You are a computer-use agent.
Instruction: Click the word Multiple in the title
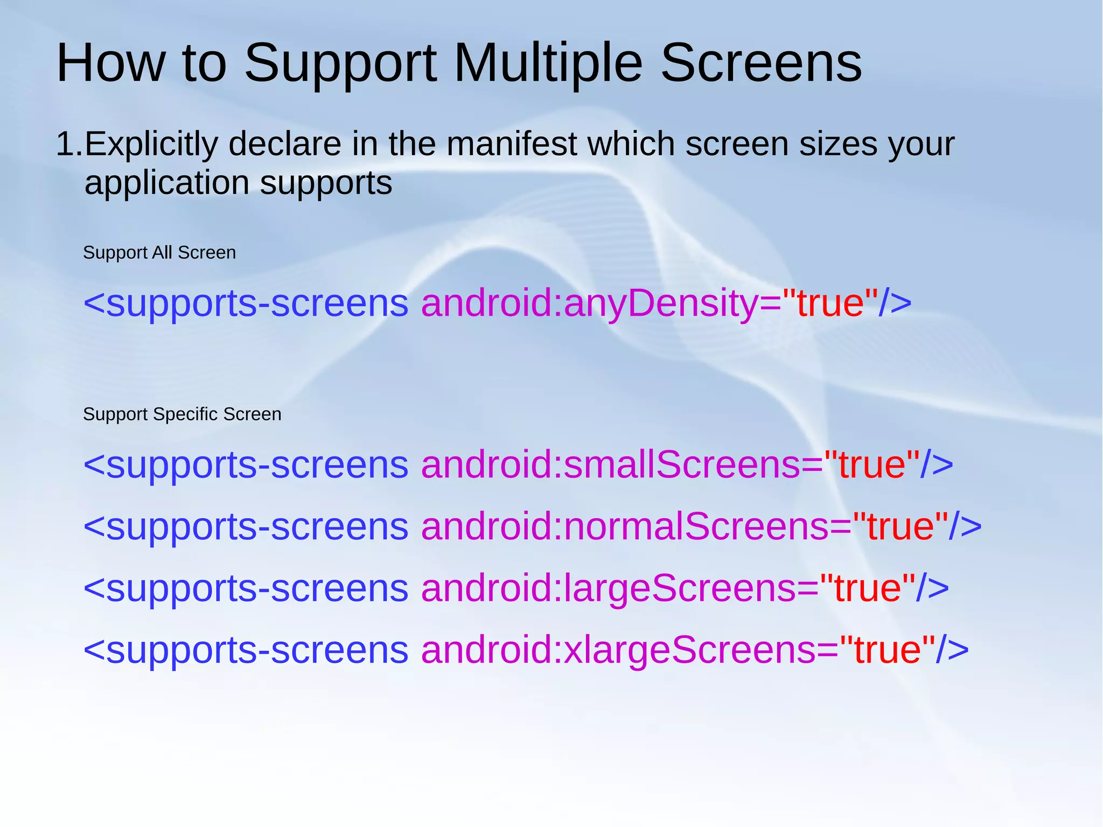pyautogui.click(x=548, y=63)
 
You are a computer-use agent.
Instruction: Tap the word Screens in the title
pyautogui.click(x=760, y=63)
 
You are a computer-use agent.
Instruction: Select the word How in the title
pyautogui.click(x=110, y=63)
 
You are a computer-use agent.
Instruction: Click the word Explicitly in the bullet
pyautogui.click(x=151, y=144)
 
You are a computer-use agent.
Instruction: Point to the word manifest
pyautogui.click(x=512, y=144)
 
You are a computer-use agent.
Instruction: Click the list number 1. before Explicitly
pyautogui.click(x=69, y=144)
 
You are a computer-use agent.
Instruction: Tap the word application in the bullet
pyautogui.click(x=167, y=183)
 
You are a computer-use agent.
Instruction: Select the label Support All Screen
pyautogui.click(x=159, y=253)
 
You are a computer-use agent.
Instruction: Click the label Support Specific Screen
pyautogui.click(x=182, y=414)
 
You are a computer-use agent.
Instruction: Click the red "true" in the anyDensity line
pyautogui.click(x=830, y=303)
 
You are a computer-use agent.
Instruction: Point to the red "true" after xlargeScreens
pyautogui.click(x=887, y=650)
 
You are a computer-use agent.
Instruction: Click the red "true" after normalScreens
pyautogui.click(x=900, y=526)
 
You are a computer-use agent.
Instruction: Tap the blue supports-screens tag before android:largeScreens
pyautogui.click(x=246, y=588)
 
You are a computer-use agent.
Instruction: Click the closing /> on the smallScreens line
pyautogui.click(x=937, y=464)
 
